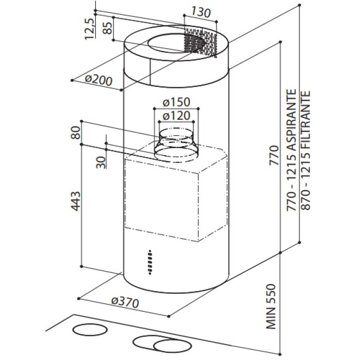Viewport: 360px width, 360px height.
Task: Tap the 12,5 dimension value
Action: pyautogui.click(x=89, y=28)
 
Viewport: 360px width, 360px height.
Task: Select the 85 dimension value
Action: pyautogui.click(x=108, y=29)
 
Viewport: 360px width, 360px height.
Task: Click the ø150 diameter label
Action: pyautogui.click(x=176, y=102)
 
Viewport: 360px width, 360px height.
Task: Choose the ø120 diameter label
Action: pyautogui.click(x=176, y=116)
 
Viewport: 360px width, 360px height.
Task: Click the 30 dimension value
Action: pyautogui.click(x=101, y=161)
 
